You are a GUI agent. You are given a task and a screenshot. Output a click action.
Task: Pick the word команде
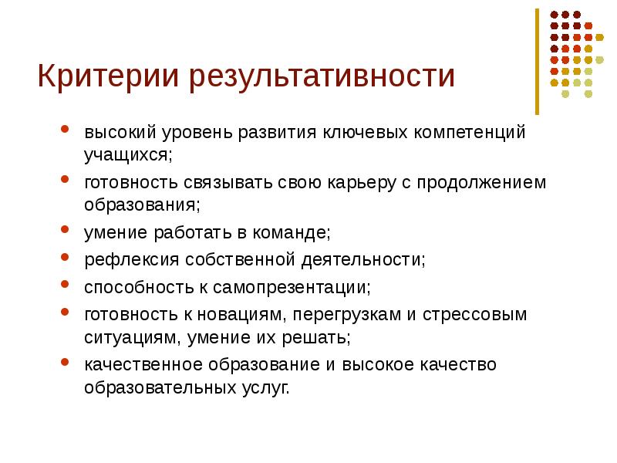292,233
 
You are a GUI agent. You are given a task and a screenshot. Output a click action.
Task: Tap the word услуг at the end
271,387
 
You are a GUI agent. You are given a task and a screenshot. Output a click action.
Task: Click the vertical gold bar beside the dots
538,62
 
